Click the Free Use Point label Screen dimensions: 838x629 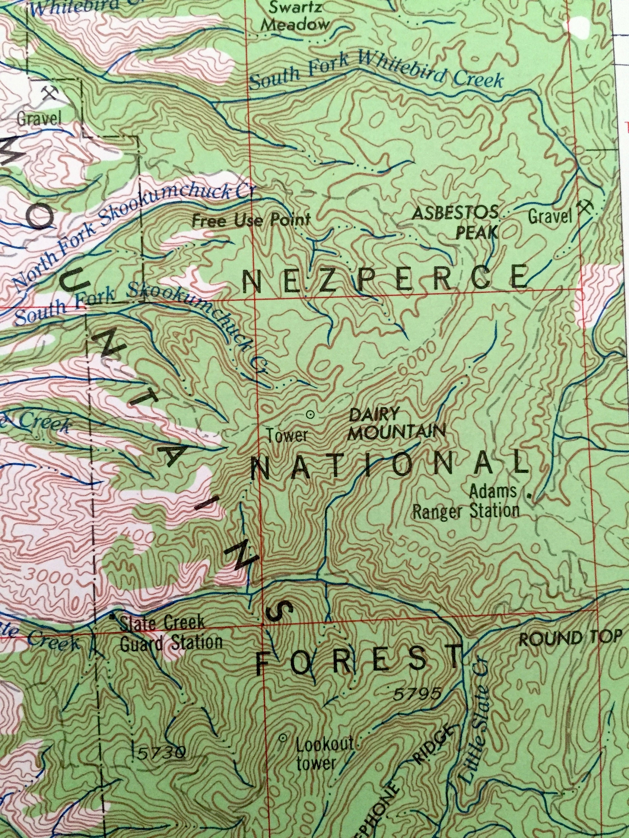251,220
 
